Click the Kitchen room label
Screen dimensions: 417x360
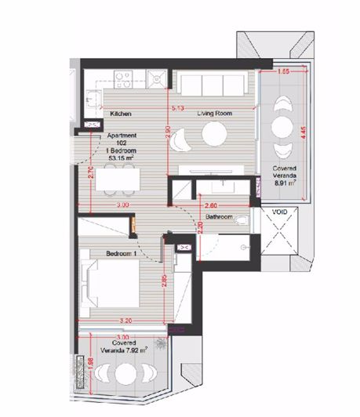click(119, 114)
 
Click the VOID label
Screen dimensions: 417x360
click(279, 212)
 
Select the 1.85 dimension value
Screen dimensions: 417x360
click(285, 71)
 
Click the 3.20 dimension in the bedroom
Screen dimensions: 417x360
click(124, 321)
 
